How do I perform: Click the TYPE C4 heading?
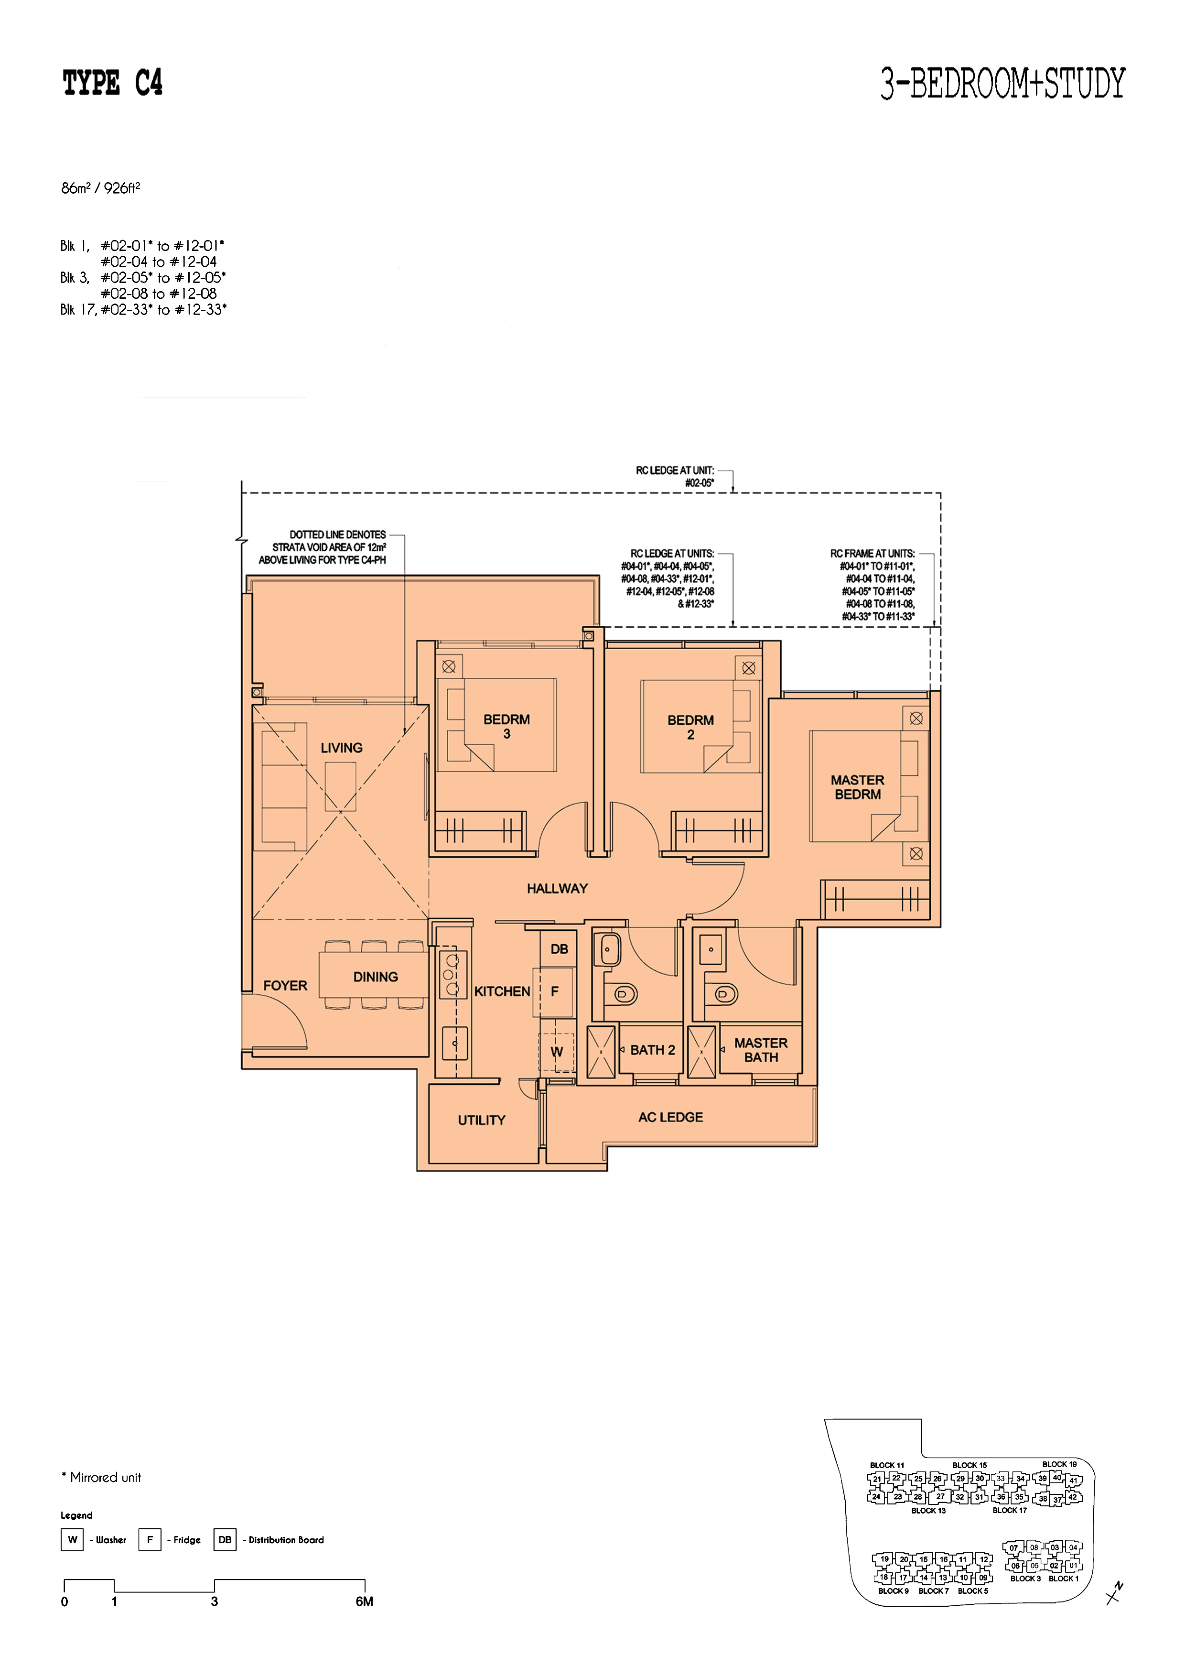coord(112,83)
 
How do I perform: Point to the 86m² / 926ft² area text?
coord(101,188)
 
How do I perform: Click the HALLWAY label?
coord(557,888)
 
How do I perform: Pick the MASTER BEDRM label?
coord(857,787)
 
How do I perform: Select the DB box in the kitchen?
coord(559,949)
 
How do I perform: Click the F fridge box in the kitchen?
coord(555,991)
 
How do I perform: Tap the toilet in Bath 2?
coord(621,993)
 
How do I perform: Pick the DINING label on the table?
coord(375,977)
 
